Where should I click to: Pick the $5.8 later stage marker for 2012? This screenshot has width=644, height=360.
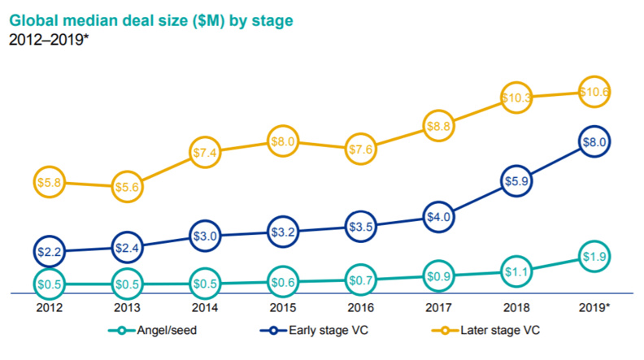[50, 183]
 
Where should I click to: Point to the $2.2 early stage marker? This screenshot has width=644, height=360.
[50, 251]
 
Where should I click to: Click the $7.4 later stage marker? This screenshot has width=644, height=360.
[206, 152]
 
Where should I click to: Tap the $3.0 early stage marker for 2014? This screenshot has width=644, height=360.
[206, 236]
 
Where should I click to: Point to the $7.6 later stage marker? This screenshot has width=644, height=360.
[362, 149]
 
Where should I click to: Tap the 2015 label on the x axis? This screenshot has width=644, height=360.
[284, 309]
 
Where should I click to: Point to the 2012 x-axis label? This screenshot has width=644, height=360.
[50, 309]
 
